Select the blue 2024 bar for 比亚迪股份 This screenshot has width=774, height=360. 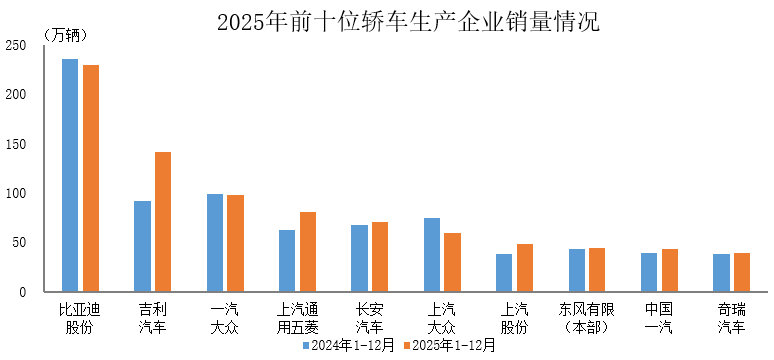coord(70,175)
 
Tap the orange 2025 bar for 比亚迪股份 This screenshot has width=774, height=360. coord(91,178)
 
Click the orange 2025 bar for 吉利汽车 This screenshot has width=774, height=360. coord(163,222)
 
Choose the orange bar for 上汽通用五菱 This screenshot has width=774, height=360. coord(308,252)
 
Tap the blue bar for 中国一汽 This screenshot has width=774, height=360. coord(649,272)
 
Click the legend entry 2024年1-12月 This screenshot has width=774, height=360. coord(350,346)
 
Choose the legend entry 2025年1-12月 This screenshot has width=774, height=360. coord(449,346)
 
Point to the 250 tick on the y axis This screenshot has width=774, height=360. coord(16,45)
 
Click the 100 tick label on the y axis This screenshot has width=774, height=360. coord(16,193)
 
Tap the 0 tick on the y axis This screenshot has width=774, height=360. coord(23,292)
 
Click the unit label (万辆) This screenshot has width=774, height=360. coord(66,35)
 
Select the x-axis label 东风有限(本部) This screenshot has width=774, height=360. coord(587,318)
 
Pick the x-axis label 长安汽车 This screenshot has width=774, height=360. coord(370,318)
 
